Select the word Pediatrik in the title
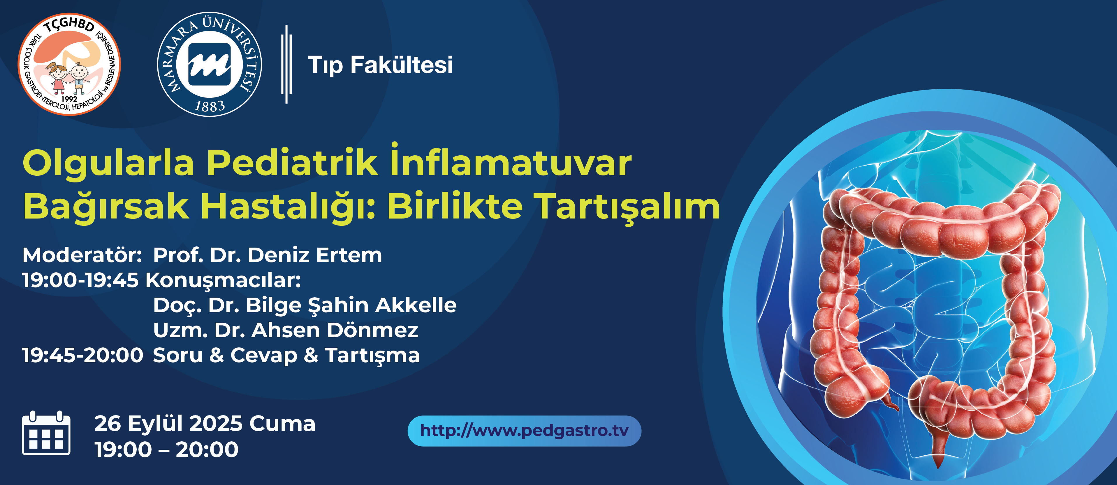click(x=292, y=163)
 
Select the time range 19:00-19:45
click(x=80, y=280)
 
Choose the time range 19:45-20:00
click(x=82, y=355)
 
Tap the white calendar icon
click(x=46, y=433)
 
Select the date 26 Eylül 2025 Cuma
click(x=205, y=424)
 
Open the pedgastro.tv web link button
click(x=524, y=431)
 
